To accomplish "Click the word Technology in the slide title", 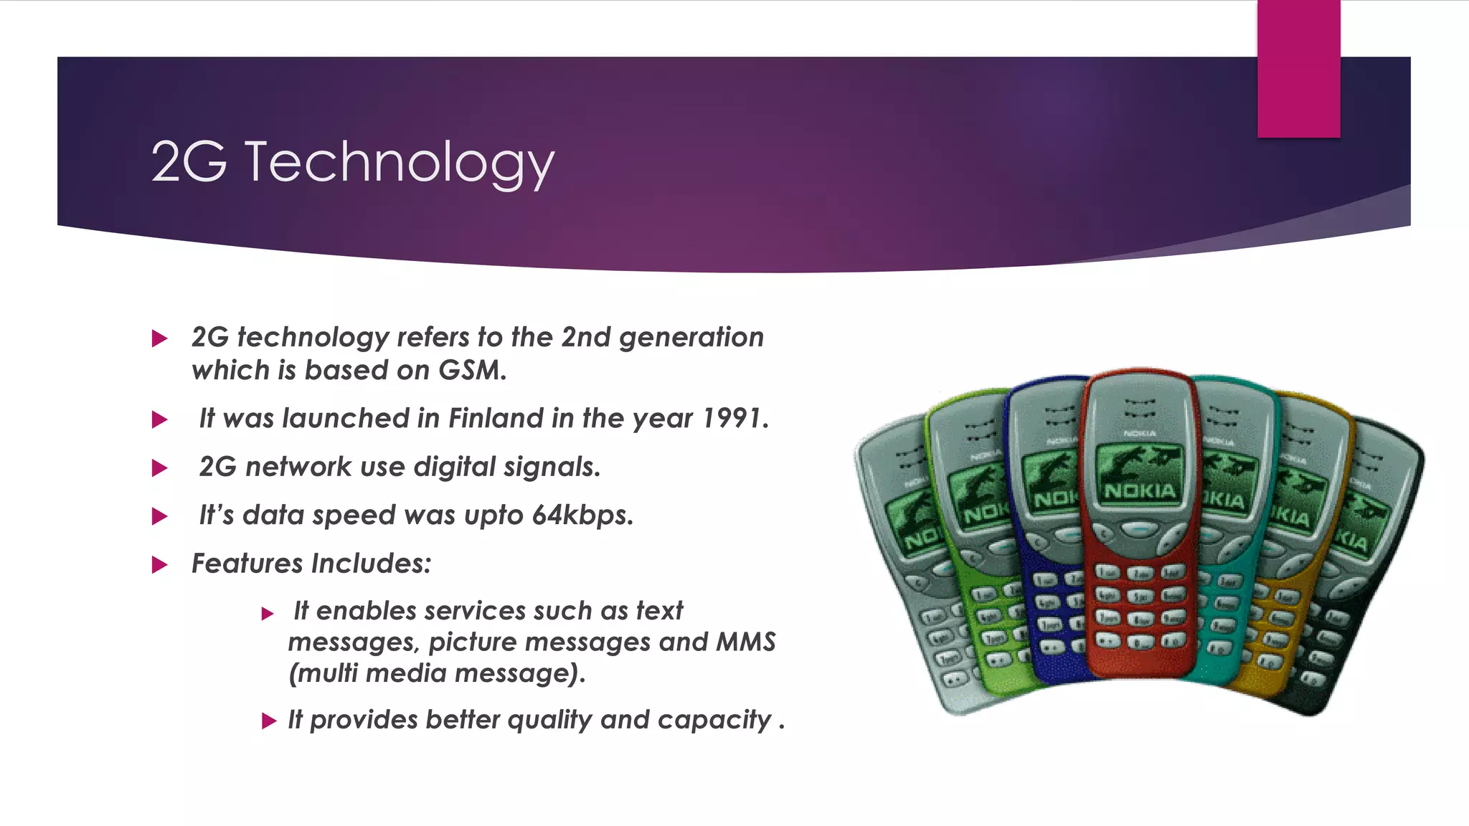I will pos(400,162).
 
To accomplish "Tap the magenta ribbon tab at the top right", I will pos(1298,69).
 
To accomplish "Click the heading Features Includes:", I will pos(311,564).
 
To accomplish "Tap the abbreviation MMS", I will pos(746,642).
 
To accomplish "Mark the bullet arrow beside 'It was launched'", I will pos(160,419).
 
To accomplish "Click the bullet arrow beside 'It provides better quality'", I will pos(269,721).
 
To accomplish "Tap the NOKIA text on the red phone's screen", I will pos(1140,491).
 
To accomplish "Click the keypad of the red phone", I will pos(1139,606).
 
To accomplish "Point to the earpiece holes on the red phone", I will pos(1140,409).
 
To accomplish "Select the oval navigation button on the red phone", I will pos(1139,530).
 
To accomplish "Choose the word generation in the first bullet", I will pos(691,337).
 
